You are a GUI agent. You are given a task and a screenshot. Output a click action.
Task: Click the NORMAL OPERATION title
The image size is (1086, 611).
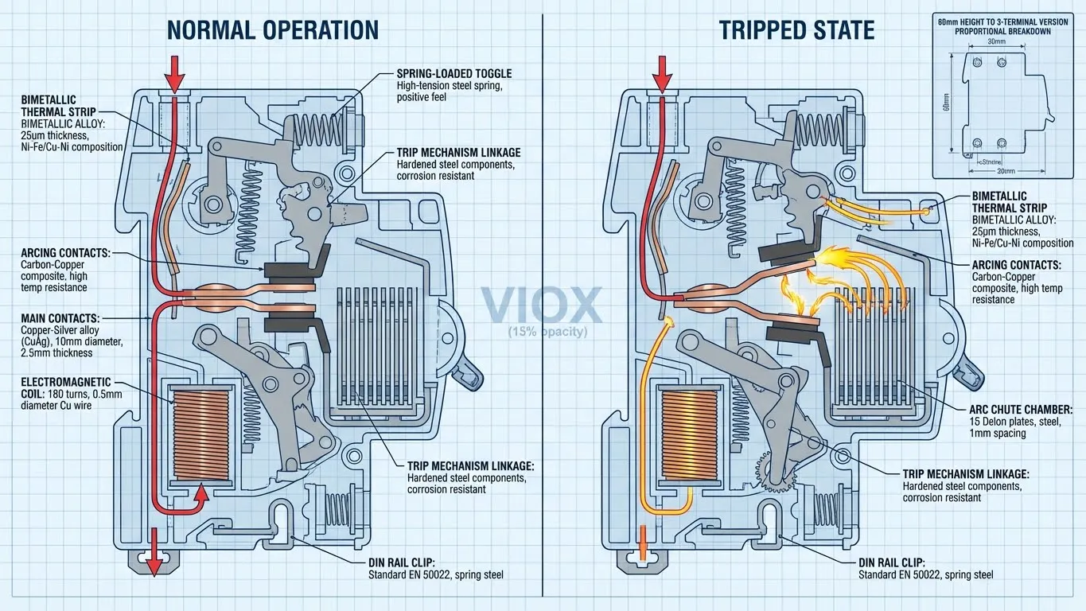tap(272, 30)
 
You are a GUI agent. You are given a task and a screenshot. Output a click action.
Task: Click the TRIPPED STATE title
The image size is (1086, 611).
tap(796, 30)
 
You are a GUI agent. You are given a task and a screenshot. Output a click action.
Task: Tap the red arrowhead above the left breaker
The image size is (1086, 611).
tap(174, 80)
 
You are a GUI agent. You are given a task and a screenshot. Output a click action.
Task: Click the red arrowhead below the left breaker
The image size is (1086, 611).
tap(153, 563)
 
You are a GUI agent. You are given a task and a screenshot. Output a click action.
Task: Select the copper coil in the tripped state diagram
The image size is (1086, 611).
tap(687, 434)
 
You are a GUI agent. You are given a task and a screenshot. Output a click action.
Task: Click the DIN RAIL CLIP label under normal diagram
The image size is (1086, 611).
tap(406, 562)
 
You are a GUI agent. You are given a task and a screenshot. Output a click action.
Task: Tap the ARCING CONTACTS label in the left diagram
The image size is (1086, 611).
tap(66, 253)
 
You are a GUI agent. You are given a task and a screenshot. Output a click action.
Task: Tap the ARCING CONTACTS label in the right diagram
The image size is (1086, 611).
tap(1017, 265)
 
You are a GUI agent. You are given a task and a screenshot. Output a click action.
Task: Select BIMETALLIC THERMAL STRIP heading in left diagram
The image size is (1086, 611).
tap(49, 106)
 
